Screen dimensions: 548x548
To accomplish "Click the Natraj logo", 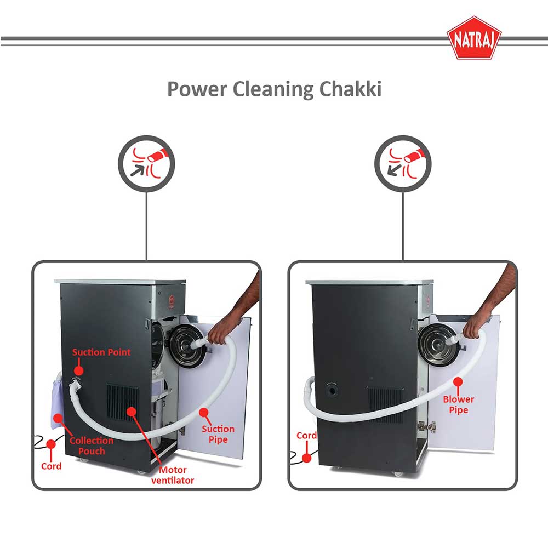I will click(x=473, y=40).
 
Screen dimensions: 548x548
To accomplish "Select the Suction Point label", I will click(x=101, y=352).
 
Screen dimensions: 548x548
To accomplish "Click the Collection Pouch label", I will click(x=92, y=446).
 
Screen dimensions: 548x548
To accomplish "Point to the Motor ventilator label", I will click(x=173, y=475).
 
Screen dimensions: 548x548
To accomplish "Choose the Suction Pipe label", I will click(x=218, y=434).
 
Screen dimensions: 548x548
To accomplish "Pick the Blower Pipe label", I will click(x=459, y=404).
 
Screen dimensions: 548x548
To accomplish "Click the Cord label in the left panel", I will click(x=52, y=466).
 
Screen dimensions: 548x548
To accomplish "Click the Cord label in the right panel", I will click(x=306, y=436).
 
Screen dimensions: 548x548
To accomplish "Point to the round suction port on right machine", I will click(x=333, y=392).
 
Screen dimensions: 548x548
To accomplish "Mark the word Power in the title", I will click(x=197, y=89).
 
